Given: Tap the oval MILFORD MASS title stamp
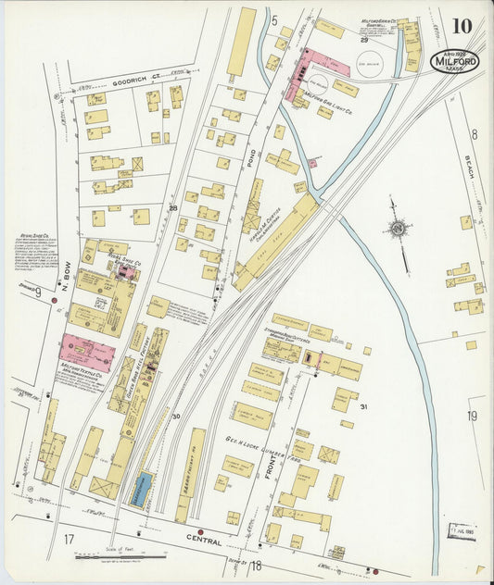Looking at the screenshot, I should pyautogui.click(x=455, y=62).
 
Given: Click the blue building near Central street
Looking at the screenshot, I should pyautogui.click(x=141, y=488).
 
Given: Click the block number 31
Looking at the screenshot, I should pyautogui.click(x=364, y=407).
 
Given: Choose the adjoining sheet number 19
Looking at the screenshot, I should pyautogui.click(x=471, y=417).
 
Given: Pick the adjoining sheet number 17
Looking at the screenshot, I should pyautogui.click(x=69, y=539).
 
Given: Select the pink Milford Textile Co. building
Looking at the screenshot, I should pyautogui.click(x=86, y=353).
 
